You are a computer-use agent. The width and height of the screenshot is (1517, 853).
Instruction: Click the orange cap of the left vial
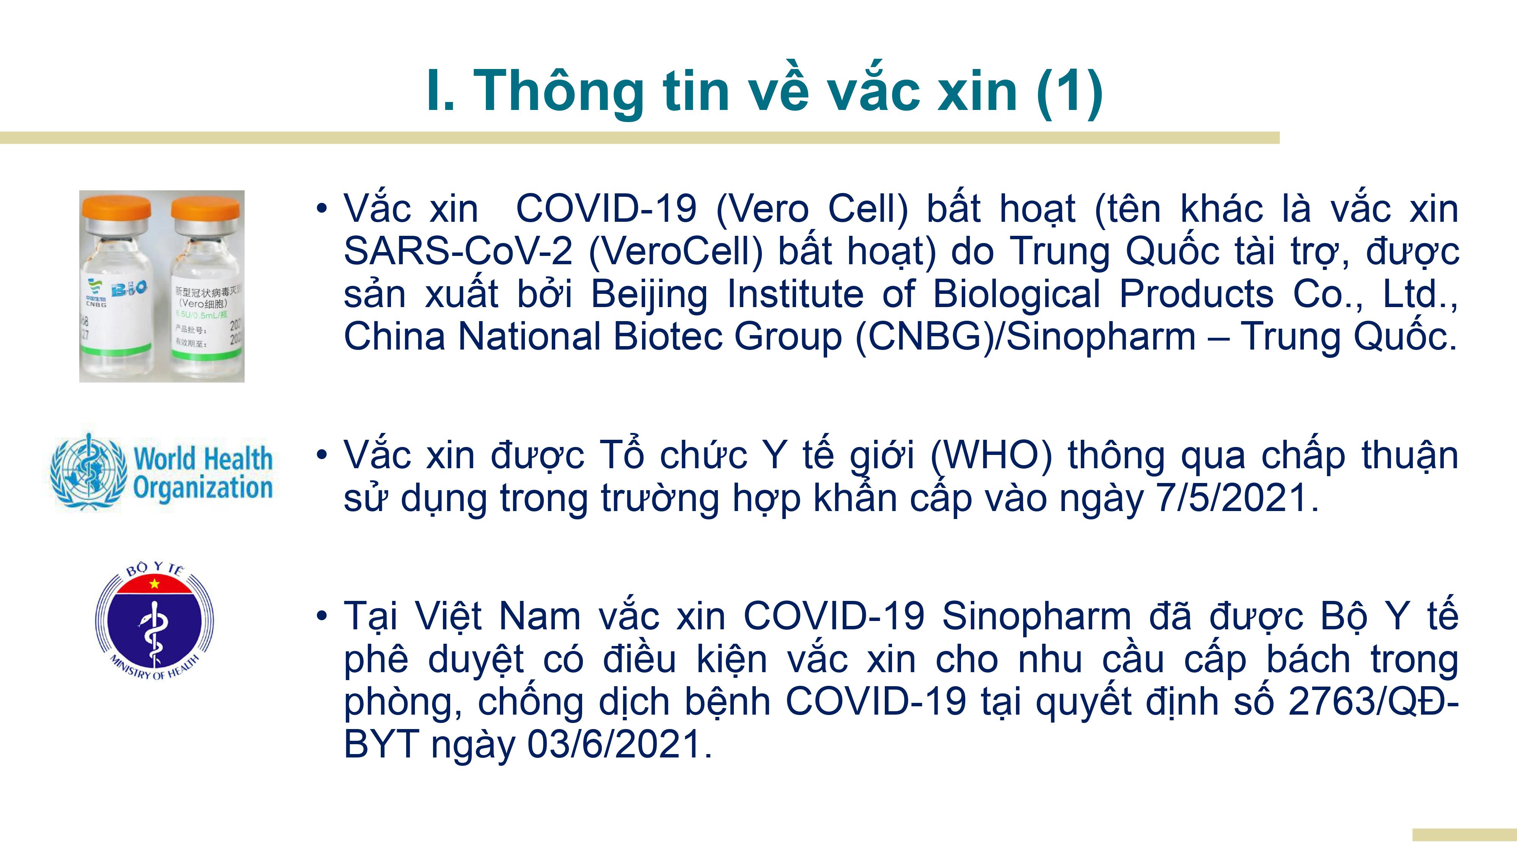pyautogui.click(x=116, y=207)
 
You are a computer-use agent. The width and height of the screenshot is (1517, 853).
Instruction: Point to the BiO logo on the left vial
pyautogui.click(x=129, y=289)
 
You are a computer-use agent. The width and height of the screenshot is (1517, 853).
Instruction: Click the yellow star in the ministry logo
pyautogui.click(x=155, y=584)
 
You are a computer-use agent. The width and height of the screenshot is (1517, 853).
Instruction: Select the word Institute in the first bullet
pyautogui.click(x=795, y=294)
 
